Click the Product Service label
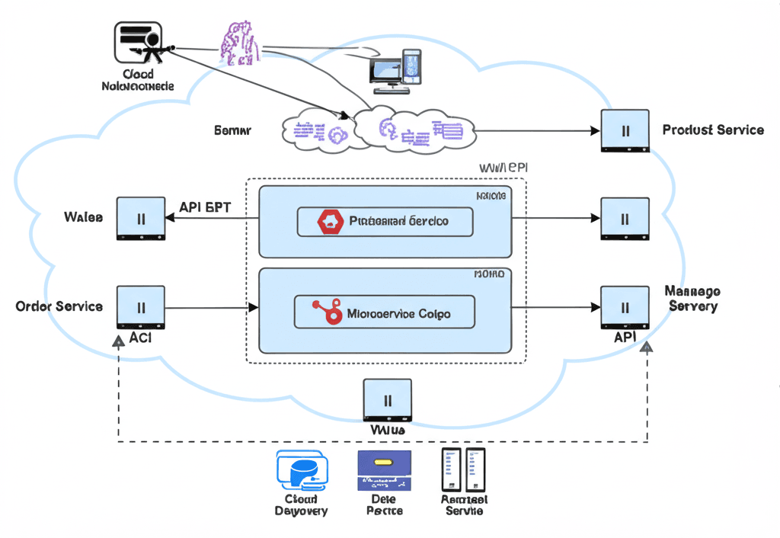(x=713, y=130)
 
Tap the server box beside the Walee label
(x=141, y=219)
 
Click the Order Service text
(x=59, y=306)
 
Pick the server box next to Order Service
(x=141, y=309)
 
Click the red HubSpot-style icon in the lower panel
(x=326, y=312)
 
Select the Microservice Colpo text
(x=398, y=313)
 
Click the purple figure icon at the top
(x=238, y=41)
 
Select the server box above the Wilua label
(x=387, y=400)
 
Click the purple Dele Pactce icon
(x=384, y=470)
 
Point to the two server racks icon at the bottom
(x=463, y=469)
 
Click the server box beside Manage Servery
(x=625, y=309)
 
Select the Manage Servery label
(x=692, y=299)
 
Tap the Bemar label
(x=232, y=130)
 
